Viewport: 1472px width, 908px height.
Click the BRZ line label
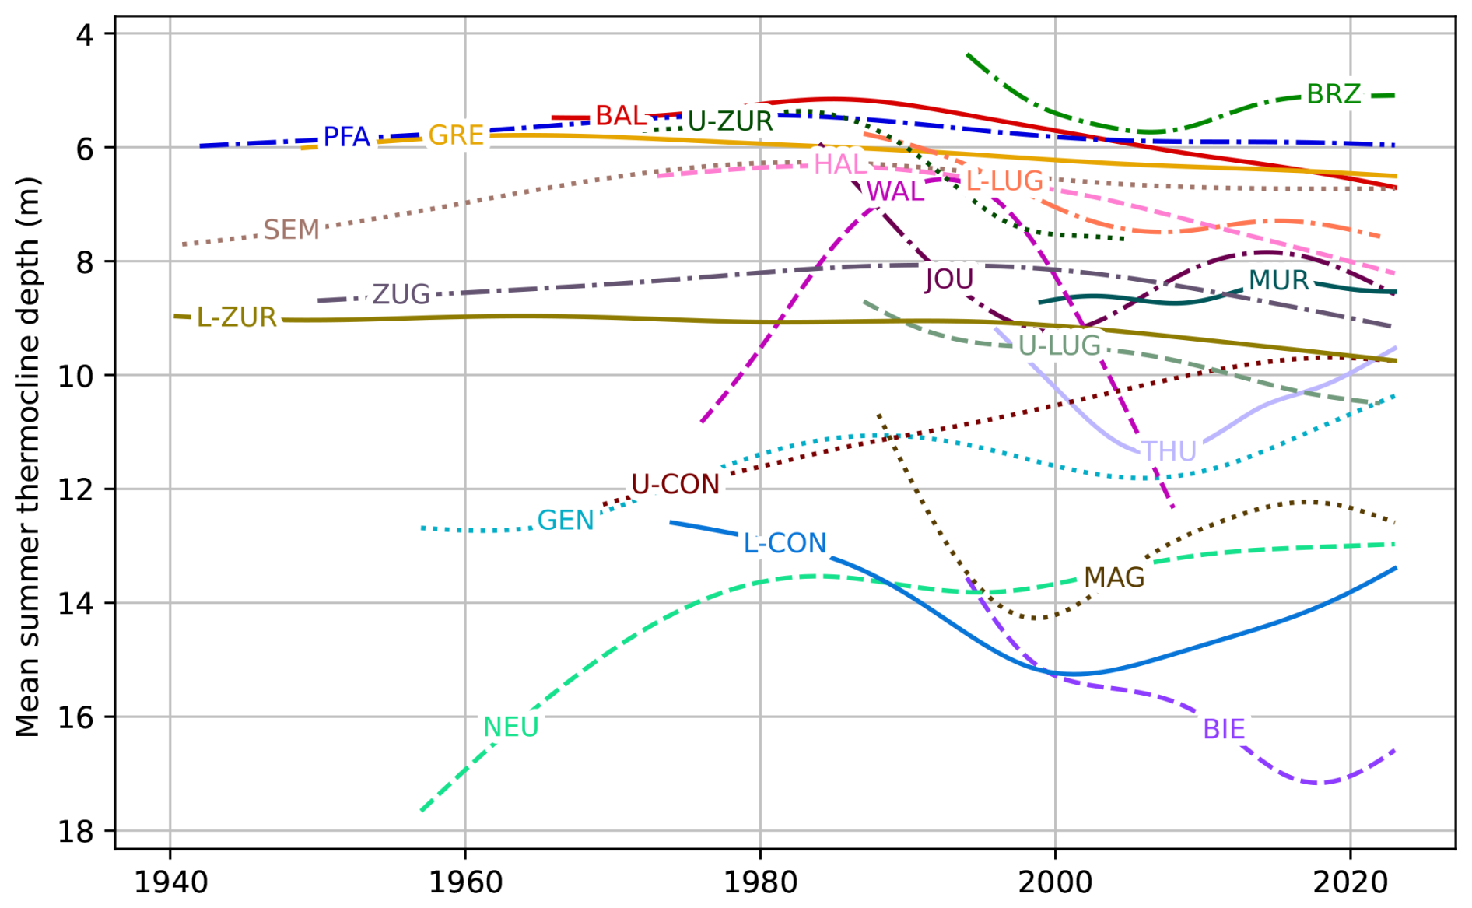point(1334,94)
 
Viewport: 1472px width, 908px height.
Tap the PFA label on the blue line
point(346,137)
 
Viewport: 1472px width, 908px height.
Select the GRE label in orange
point(456,135)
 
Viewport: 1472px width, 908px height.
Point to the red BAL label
point(621,116)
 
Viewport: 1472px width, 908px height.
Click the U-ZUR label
point(731,121)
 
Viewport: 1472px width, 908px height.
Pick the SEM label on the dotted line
point(292,230)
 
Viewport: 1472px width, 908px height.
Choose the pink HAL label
point(840,164)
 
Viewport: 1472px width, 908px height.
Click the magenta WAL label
point(895,191)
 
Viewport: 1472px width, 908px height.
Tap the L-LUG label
point(1004,181)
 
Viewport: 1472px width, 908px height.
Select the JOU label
point(949,279)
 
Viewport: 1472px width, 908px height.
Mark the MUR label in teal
point(1279,280)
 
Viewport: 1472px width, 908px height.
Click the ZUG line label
point(401,294)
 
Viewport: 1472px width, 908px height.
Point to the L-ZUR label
point(237,317)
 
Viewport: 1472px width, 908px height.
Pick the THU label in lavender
point(1169,451)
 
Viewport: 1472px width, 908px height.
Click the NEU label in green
point(511,727)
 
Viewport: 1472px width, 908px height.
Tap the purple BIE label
point(1224,729)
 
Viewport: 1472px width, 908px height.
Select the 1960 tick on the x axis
point(465,882)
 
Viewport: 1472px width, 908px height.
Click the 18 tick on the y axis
point(75,831)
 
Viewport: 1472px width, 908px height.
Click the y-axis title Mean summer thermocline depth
point(27,457)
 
